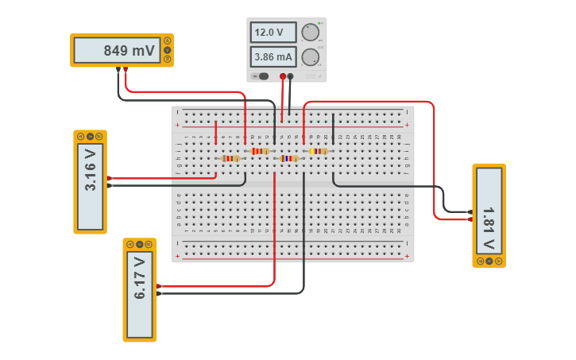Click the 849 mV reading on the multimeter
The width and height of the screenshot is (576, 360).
(129, 51)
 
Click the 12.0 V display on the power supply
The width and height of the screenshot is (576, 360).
(273, 32)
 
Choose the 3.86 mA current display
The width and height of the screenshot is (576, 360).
(273, 57)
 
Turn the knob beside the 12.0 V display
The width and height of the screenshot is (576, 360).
(309, 32)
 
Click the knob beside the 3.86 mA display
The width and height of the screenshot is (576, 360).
(309, 57)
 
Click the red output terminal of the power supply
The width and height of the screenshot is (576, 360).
(283, 76)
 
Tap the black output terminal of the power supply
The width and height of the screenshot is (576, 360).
(290, 76)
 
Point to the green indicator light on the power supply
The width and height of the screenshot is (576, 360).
(319, 22)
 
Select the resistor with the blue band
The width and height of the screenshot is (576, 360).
(288, 158)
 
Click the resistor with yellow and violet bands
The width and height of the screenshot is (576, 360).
(318, 151)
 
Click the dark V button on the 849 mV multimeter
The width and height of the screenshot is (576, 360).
(168, 50)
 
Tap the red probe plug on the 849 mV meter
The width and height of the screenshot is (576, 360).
(126, 69)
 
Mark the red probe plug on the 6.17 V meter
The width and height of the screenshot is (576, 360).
(160, 286)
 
